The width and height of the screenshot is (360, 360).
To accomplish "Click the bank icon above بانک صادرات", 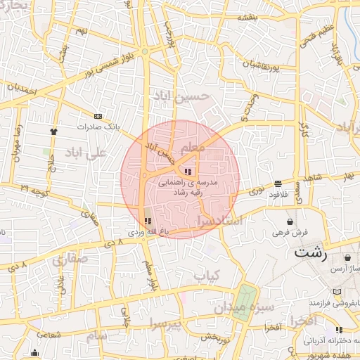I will (97, 116).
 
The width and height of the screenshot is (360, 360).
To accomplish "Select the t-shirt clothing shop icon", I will (53, 131).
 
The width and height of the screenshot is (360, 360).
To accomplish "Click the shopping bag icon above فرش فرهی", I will (290, 221).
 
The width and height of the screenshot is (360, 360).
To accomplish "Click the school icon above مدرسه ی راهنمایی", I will (187, 171).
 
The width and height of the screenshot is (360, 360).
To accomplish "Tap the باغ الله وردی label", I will (146, 231).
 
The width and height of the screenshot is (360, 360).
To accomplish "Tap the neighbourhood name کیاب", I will (207, 275).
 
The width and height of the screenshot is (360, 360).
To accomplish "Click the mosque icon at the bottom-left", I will (35, 352).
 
